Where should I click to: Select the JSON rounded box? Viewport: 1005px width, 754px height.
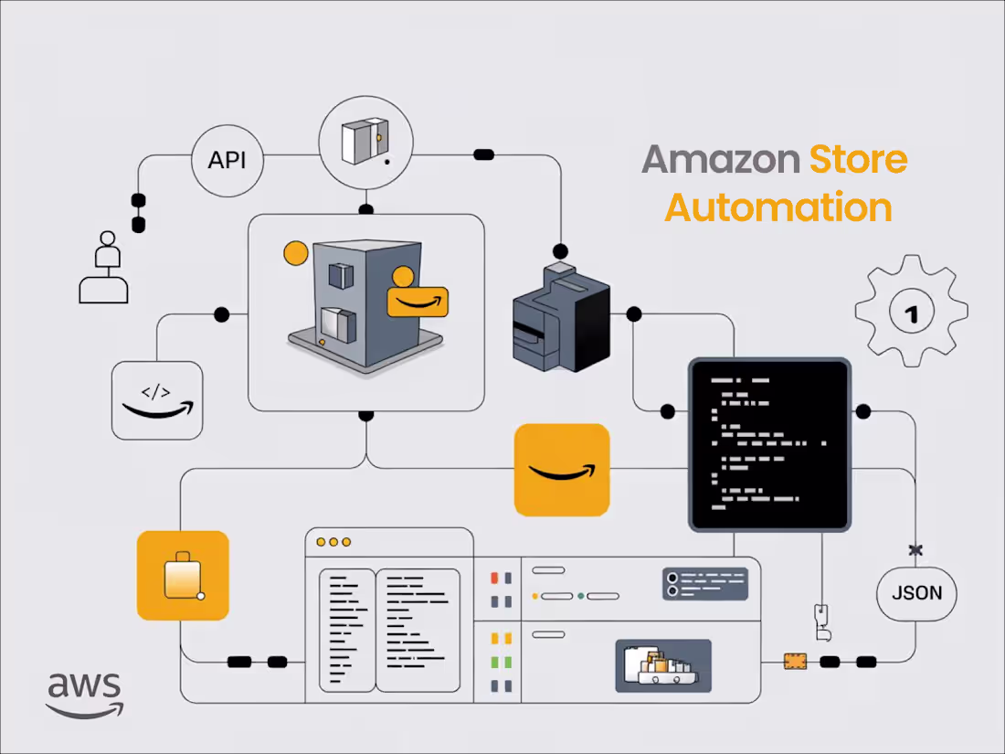(x=916, y=593)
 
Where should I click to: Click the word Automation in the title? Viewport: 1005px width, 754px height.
(x=778, y=207)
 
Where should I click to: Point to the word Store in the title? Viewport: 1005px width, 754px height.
(x=858, y=159)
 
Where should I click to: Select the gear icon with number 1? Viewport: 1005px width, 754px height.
(x=910, y=312)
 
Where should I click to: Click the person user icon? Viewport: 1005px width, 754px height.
(x=103, y=267)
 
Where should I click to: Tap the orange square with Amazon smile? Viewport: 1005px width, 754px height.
(x=562, y=470)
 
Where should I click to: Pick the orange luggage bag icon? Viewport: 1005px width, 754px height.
(x=183, y=576)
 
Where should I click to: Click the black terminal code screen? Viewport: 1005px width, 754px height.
(x=769, y=444)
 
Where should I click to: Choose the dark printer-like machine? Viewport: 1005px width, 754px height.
(x=560, y=319)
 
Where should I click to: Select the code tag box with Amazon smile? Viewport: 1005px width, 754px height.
(x=156, y=399)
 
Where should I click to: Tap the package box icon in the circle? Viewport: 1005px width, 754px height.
(x=365, y=142)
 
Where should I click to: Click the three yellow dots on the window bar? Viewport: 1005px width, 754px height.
(x=333, y=542)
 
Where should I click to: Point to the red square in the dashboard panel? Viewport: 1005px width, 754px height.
(x=494, y=579)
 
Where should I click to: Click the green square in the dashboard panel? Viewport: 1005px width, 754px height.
(x=494, y=662)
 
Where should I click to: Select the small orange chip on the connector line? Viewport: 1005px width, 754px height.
(x=795, y=660)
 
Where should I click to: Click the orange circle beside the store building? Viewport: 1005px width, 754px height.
(x=295, y=253)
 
